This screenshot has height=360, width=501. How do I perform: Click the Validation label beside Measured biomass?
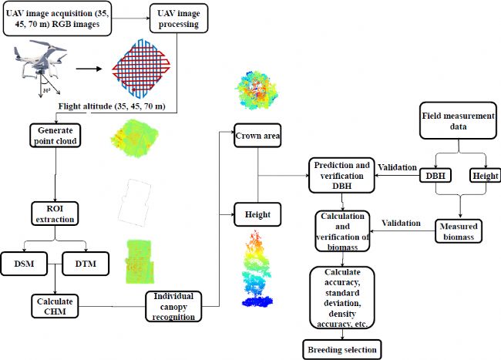pyautogui.click(x=402, y=223)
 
